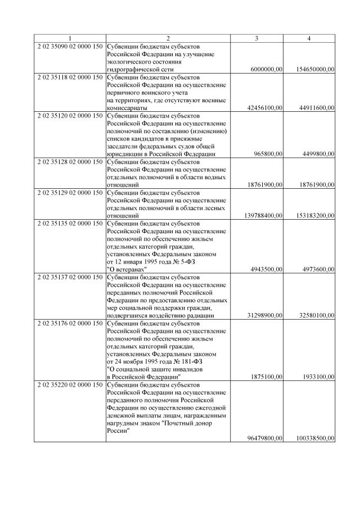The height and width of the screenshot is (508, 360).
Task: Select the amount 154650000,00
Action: click(x=314, y=69)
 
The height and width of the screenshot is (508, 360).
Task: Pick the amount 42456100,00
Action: click(x=264, y=107)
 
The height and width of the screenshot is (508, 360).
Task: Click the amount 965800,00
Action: click(x=268, y=153)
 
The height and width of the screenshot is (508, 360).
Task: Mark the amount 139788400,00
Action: click(x=262, y=215)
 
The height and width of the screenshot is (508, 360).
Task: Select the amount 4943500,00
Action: click(x=266, y=269)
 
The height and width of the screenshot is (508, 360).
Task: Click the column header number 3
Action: click(x=256, y=38)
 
